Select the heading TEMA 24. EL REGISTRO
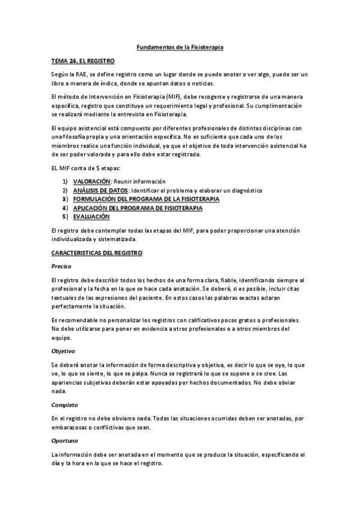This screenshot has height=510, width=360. point(82,61)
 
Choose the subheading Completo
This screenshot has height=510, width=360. point(65,405)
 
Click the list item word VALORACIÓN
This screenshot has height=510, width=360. point(92,182)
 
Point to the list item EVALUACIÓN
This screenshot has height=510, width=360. point(91,216)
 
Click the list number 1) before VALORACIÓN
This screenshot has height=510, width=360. point(65,182)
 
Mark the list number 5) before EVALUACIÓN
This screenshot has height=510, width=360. point(65,216)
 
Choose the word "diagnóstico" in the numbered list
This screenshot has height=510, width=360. point(245,190)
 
